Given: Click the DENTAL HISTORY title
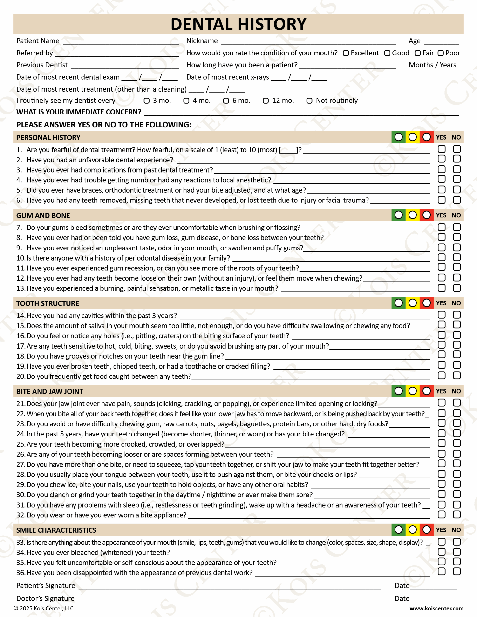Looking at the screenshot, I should coord(238,24).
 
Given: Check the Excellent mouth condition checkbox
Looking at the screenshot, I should coord(346,53).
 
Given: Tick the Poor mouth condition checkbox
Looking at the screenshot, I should coord(441,53).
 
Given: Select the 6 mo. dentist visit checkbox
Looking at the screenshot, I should coord(226,101).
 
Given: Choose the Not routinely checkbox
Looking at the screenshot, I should coord(309,101).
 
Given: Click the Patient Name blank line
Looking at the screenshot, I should coord(121,42).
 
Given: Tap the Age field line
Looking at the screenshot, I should coord(441,42).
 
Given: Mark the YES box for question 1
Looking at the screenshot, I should coord(441,149).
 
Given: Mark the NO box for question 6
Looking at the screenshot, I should coord(457,200).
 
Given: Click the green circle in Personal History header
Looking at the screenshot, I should coord(398,137).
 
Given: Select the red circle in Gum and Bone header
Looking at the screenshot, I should coord(426,215).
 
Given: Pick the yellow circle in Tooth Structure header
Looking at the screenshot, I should coord(413,303).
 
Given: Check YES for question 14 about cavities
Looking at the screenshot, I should coord(441,315).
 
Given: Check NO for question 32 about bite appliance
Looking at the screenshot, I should coord(457,515).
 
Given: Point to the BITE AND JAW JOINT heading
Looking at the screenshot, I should coord(50,391).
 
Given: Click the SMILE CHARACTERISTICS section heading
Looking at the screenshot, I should coord(56,530).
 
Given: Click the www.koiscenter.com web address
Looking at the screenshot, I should coord(436,608).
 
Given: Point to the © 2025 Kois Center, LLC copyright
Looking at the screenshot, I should coord(44,608).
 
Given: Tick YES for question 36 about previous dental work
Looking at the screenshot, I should coord(441,571).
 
